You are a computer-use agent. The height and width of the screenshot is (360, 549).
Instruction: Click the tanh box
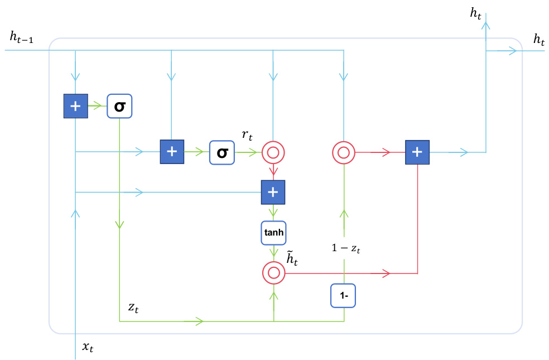point(273,233)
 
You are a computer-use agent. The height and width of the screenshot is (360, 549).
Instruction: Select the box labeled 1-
point(344,296)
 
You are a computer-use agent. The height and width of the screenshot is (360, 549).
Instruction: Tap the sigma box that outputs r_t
point(222,152)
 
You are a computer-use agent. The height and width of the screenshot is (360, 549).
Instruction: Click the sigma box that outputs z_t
point(119,105)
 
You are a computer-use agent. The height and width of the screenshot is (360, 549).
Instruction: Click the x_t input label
point(88,347)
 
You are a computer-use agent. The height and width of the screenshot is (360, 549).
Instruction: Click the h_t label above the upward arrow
point(476,13)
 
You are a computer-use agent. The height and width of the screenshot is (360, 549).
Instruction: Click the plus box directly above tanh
point(273,192)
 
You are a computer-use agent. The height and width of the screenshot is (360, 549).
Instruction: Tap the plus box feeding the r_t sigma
point(172,152)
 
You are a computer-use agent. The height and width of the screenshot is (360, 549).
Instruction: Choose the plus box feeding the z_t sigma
point(76,105)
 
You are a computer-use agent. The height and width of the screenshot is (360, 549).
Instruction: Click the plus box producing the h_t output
point(418,152)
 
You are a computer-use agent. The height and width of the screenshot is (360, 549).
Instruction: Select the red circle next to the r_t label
point(273,152)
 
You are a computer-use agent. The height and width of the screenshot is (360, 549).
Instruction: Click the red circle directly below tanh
point(273,273)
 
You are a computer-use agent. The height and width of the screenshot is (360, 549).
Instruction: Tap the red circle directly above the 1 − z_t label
point(344,152)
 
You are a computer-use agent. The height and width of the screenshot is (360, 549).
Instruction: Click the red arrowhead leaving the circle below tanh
point(385,273)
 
